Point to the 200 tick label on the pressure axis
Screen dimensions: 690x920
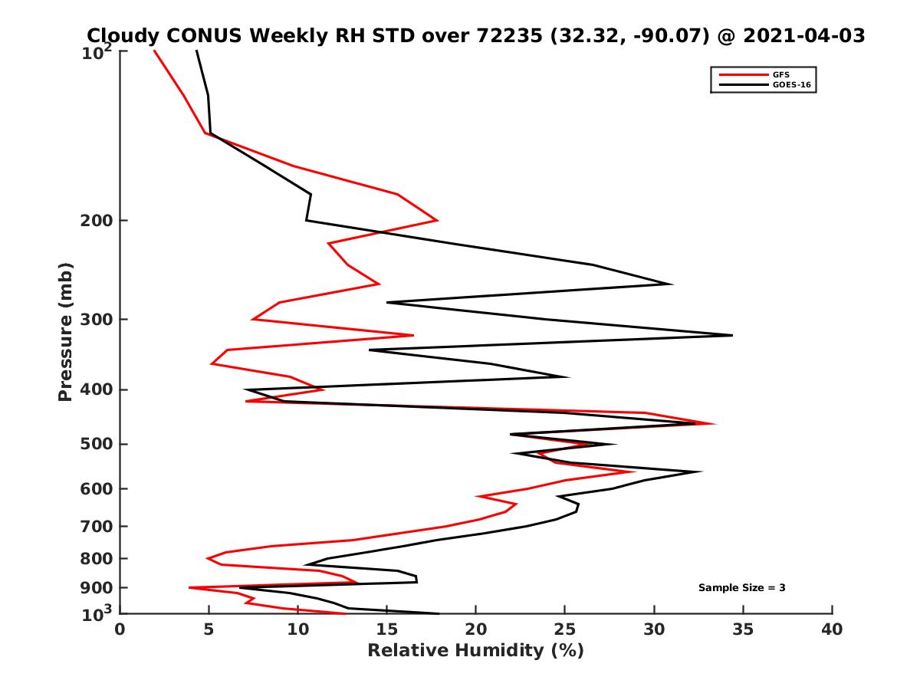95,221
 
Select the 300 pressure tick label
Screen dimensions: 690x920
95,320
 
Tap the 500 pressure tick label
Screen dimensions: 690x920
95,445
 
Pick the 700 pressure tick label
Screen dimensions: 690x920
95,527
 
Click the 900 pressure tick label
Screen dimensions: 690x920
95,588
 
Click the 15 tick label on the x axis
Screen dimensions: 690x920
386,629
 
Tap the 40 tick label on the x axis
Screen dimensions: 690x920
832,629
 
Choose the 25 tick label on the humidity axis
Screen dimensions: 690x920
565,629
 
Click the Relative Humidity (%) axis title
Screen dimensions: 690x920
475,651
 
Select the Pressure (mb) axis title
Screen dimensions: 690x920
65,331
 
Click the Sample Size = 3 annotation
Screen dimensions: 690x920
741,588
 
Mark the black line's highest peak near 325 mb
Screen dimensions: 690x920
732,335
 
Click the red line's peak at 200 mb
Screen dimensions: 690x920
438,221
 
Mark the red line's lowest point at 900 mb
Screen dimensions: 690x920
189,587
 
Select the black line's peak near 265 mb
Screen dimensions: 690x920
672,284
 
